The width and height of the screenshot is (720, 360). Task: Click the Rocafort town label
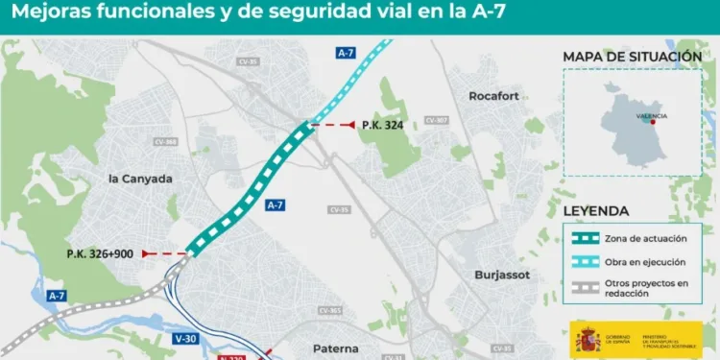tap(493, 96)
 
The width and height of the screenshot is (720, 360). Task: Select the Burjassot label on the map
tap(502, 275)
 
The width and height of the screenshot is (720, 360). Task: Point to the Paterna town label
tap(335, 348)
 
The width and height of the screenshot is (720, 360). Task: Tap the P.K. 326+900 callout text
tap(99, 253)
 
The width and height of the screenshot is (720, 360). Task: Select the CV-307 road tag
tap(436, 120)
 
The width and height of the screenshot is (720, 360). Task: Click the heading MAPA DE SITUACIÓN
tap(632, 57)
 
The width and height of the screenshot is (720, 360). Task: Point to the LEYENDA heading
tap(596, 211)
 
